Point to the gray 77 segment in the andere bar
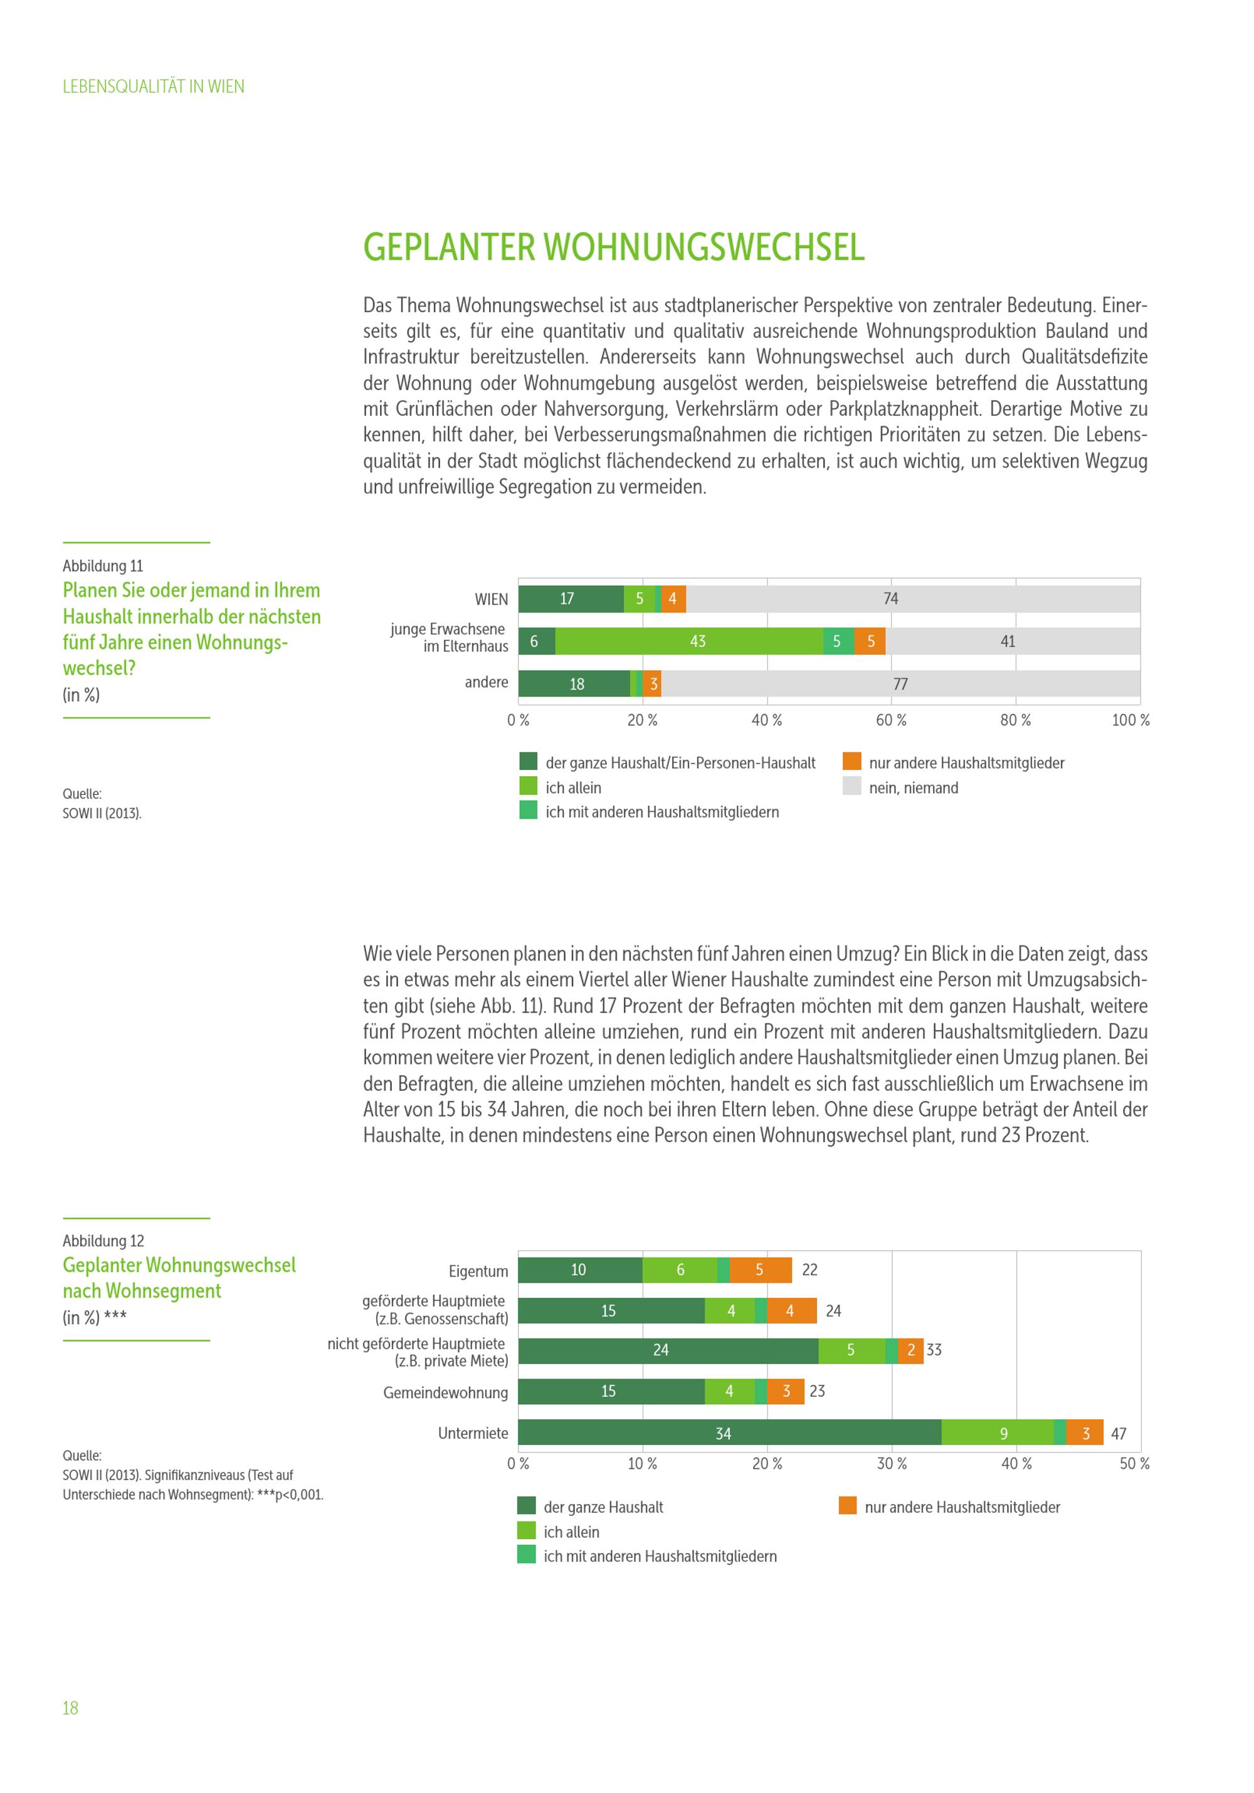900,683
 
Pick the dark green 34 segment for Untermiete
729,1433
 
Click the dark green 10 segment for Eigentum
579,1270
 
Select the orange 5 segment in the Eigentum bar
760,1270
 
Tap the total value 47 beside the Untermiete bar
1118,1434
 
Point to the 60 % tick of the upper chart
891,720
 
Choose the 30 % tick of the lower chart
892,1463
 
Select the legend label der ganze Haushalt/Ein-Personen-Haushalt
680,763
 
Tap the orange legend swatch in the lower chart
847,1506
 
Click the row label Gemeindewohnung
445,1392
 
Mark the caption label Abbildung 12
103,1241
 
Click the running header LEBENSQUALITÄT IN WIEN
153,87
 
